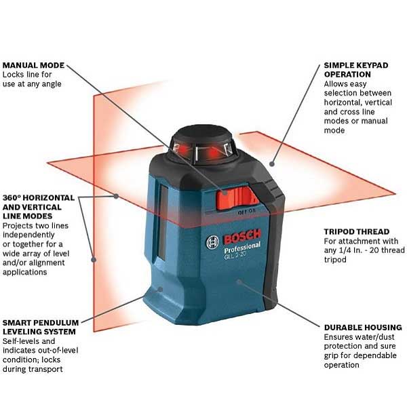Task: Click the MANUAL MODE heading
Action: point(33,65)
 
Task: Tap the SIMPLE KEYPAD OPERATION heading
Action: point(356,70)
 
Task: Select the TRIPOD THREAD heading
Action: point(357,231)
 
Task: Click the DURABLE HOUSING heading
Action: point(363,328)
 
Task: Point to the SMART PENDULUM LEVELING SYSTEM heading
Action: point(41,328)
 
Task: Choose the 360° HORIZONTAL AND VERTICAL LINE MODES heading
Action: point(39,207)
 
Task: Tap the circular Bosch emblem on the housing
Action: point(212,243)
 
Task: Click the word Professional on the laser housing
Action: point(242,248)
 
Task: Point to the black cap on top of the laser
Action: point(203,136)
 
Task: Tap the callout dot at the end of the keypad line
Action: point(272,163)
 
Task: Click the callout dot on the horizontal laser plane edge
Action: point(116,196)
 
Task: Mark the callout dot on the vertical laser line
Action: point(94,259)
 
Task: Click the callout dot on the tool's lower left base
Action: point(160,289)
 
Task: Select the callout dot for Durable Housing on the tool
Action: point(239,282)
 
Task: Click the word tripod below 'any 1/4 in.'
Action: point(335,260)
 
